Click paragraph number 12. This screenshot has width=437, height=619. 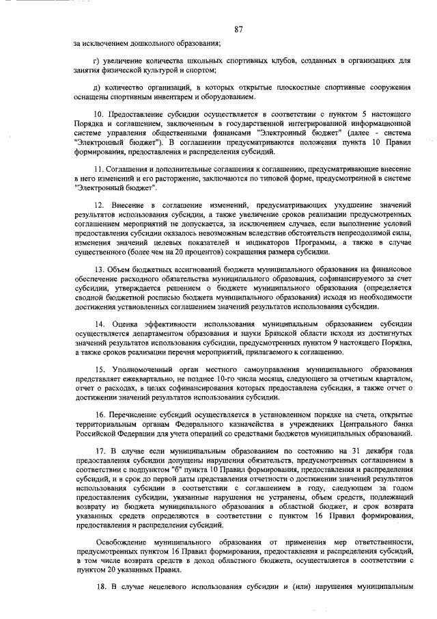click(99, 205)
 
